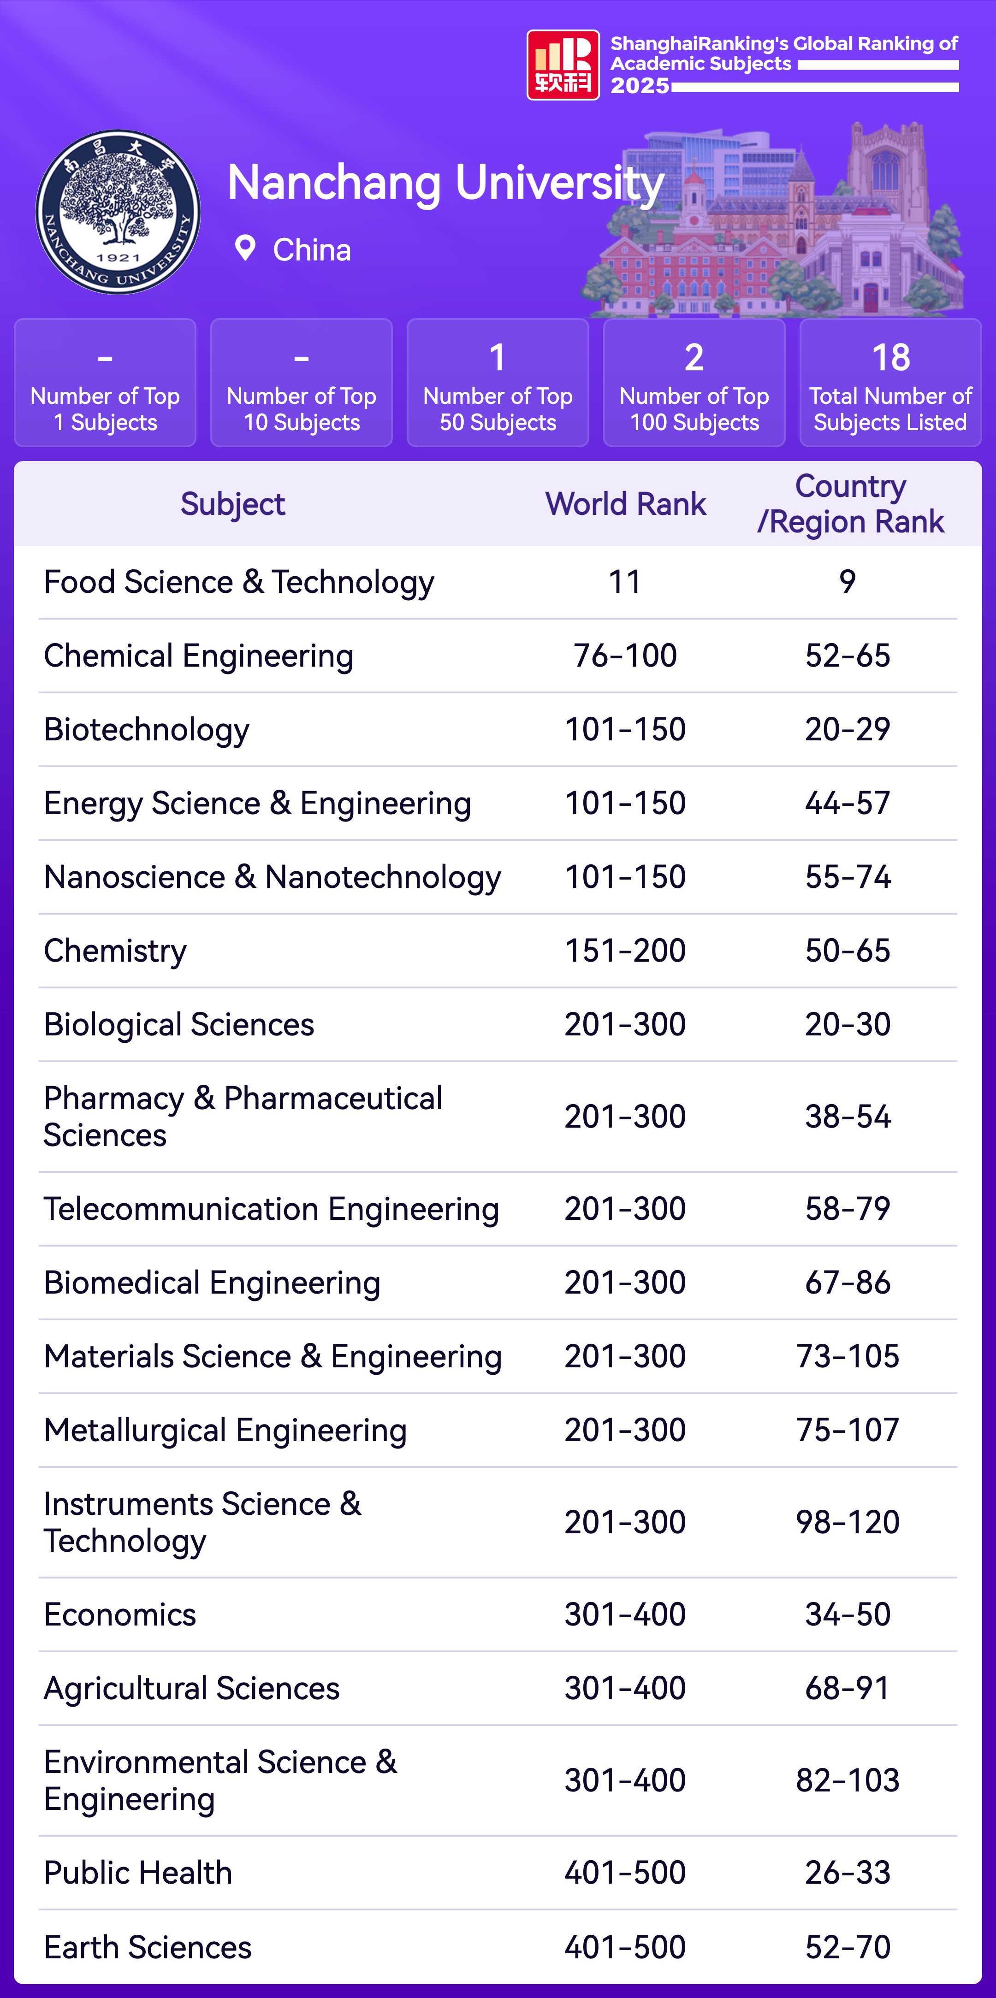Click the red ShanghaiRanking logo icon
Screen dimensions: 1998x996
click(x=563, y=65)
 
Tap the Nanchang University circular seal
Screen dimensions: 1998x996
click(x=118, y=212)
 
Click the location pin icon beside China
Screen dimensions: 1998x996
click(x=245, y=248)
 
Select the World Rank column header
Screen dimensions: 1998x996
click(x=625, y=504)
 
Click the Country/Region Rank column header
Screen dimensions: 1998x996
click(x=850, y=504)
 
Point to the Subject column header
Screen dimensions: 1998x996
click(x=233, y=504)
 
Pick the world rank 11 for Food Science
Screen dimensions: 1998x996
click(x=625, y=582)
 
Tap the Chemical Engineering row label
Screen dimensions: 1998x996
click(x=199, y=656)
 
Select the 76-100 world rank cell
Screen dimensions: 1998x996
click(x=625, y=656)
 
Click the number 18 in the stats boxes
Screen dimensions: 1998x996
click(x=890, y=358)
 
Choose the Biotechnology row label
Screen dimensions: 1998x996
click(x=147, y=730)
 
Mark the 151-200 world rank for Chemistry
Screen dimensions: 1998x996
click(x=625, y=951)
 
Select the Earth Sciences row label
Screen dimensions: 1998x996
click(x=148, y=1947)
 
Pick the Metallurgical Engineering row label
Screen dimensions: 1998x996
click(x=225, y=1430)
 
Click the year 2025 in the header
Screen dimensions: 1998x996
click(x=639, y=85)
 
